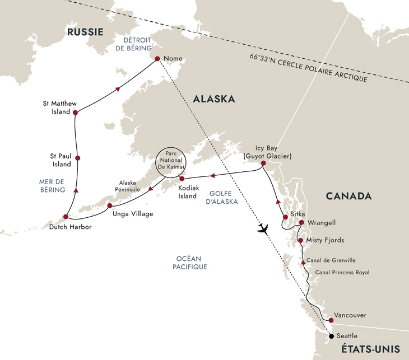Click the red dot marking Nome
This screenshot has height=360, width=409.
pyautogui.click(x=157, y=59)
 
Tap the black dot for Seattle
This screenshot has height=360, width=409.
pyautogui.click(x=331, y=336)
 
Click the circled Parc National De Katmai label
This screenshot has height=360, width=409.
pyautogui.click(x=170, y=163)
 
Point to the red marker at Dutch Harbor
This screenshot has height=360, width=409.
pyautogui.click(x=66, y=217)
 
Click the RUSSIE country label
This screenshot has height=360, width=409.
pyautogui.click(x=85, y=32)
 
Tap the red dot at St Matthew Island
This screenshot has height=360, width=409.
pyautogui.click(x=75, y=113)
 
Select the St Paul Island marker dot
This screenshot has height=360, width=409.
pyautogui.click(x=77, y=158)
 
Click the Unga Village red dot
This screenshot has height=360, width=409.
pyautogui.click(x=110, y=205)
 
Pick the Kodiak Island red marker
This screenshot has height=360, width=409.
pyautogui.click(x=182, y=179)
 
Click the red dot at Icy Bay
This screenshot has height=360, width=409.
pyautogui.click(x=263, y=164)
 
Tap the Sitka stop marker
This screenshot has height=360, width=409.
pyautogui.click(x=285, y=217)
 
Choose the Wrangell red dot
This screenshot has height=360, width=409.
pyautogui.click(x=301, y=223)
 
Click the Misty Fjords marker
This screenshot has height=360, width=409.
pyautogui.click(x=301, y=241)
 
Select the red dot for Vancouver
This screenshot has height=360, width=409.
pyautogui.click(x=331, y=320)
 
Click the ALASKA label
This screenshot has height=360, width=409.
pyautogui.click(x=213, y=99)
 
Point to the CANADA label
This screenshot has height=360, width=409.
pyautogui.click(x=350, y=196)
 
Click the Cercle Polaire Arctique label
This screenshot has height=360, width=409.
pyautogui.click(x=308, y=68)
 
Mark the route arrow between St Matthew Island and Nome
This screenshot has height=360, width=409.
pyautogui.click(x=118, y=88)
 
